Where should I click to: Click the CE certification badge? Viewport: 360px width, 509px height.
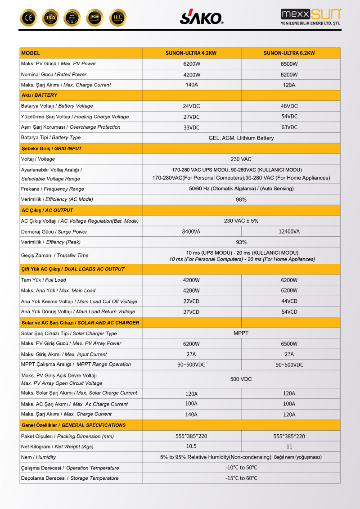(x=28, y=18)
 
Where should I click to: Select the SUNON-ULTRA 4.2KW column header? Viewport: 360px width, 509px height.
(x=191, y=53)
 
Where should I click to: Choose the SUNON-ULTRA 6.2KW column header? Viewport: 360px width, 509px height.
(x=289, y=53)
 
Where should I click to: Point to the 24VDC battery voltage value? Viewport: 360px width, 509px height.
(x=191, y=106)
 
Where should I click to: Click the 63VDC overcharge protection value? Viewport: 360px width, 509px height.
(x=289, y=127)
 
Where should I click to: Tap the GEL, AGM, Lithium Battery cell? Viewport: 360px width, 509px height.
(x=241, y=138)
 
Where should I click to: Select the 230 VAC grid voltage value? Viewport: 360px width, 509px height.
(x=241, y=159)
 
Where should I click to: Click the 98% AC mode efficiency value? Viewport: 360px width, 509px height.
(x=241, y=199)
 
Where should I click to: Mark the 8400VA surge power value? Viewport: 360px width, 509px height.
(x=191, y=231)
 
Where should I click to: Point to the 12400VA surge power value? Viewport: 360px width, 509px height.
(x=289, y=231)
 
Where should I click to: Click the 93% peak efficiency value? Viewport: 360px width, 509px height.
(x=241, y=242)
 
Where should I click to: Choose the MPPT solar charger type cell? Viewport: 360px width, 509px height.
(x=241, y=333)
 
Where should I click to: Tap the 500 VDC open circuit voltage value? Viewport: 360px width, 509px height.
(x=241, y=379)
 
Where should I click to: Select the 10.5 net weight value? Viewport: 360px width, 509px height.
(x=191, y=446)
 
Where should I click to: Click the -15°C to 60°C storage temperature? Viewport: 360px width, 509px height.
(x=241, y=478)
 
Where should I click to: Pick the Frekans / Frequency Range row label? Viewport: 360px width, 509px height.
(x=53, y=189)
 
